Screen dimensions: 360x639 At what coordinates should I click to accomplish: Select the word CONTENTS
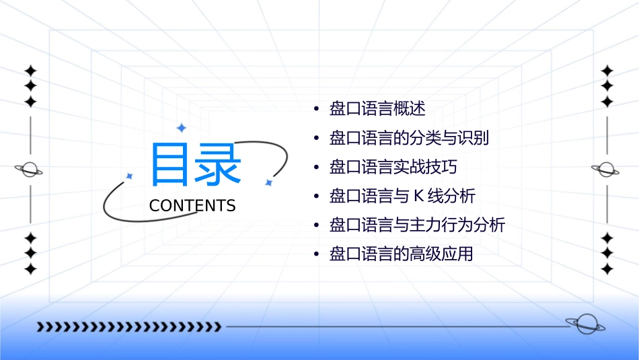[192, 206]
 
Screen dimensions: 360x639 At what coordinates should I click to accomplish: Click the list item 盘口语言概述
[377, 108]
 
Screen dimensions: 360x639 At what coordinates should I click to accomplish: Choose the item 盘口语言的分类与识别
[409, 138]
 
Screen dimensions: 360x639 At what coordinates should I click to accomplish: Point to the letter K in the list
[417, 196]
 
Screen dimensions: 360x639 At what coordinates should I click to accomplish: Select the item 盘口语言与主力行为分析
[417, 225]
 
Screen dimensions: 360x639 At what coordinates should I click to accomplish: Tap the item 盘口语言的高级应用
[401, 254]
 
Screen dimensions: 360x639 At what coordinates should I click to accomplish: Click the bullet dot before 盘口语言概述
[316, 109]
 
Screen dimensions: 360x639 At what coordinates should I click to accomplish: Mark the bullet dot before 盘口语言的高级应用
[316, 255]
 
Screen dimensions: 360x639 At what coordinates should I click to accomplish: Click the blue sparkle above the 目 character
[180, 127]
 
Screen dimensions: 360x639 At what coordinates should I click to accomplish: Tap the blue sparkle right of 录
[268, 182]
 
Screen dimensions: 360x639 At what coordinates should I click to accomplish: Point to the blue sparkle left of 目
[130, 176]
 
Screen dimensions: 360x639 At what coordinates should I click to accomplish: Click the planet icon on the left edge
[30, 170]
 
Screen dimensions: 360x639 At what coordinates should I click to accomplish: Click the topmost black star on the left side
[30, 71]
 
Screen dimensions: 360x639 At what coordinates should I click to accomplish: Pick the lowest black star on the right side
[607, 269]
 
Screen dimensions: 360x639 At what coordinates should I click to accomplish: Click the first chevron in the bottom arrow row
[40, 327]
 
